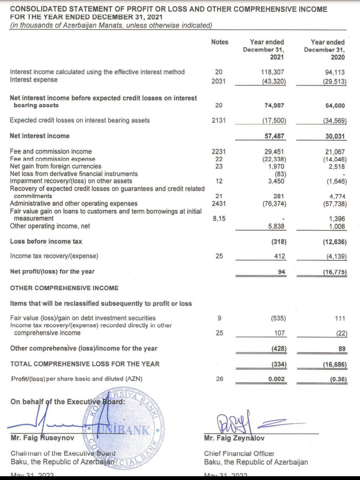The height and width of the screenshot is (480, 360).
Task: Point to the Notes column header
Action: (x=219, y=42)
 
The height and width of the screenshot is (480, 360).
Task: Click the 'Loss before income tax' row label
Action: (x=46, y=241)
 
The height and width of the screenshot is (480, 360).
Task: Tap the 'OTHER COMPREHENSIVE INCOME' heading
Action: (x=64, y=287)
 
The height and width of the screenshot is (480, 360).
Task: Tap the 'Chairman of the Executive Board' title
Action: (x=63, y=453)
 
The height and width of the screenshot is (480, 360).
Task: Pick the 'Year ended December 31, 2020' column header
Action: (x=328, y=50)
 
